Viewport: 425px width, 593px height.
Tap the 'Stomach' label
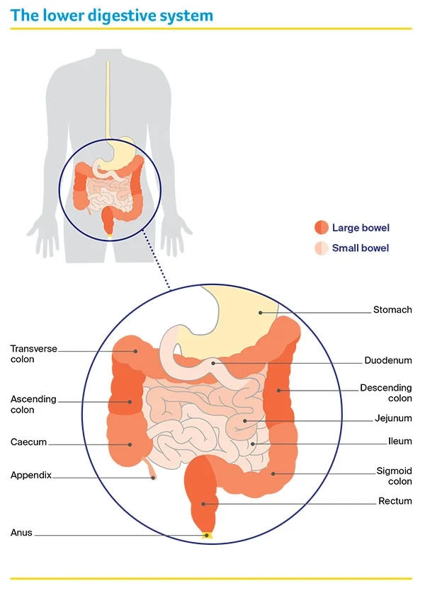click(392, 310)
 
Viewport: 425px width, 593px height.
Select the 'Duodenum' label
click(387, 360)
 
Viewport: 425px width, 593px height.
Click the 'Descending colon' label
click(385, 393)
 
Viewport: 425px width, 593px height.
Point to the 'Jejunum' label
click(393, 418)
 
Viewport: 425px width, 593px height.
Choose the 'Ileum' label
click(399, 442)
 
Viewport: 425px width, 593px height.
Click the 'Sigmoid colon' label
click(395, 476)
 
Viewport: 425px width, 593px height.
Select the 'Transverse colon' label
click(33, 354)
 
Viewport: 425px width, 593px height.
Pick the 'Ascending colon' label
click(33, 405)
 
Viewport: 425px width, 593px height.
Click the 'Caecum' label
click(28, 442)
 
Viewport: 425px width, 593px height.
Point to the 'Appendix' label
click(31, 476)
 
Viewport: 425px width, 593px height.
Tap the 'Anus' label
click(21, 533)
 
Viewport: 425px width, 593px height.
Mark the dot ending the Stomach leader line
click(260, 311)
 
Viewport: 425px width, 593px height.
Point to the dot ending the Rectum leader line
click(204, 504)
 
